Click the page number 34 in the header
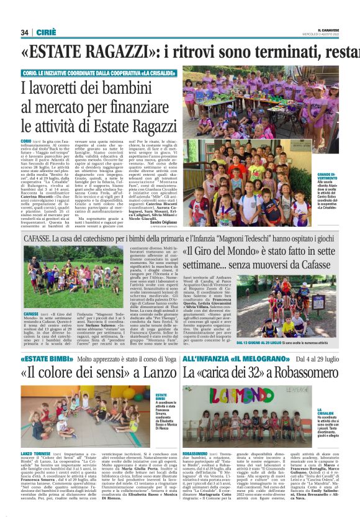point(25,32)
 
